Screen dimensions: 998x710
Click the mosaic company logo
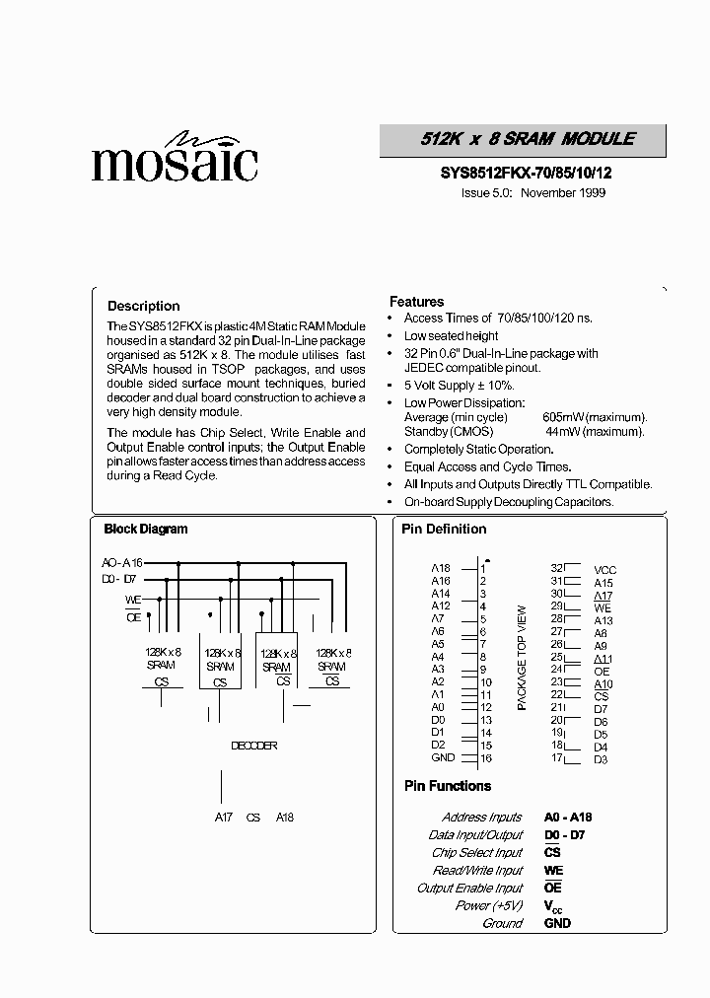pos(175,158)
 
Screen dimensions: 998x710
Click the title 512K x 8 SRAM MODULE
pos(523,140)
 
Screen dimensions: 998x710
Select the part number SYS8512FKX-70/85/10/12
pos(526,173)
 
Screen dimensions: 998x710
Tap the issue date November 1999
pos(562,192)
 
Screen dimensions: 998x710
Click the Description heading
pos(144,306)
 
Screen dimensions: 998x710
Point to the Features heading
pos(416,302)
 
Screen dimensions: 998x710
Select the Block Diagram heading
pos(146,529)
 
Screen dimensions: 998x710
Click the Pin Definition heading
pos(444,529)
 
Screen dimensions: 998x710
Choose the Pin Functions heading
pos(448,786)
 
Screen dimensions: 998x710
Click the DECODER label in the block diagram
pos(253,746)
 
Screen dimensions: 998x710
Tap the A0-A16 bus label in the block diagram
pos(121,562)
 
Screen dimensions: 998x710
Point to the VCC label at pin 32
pos(604,570)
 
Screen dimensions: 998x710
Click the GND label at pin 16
pos(443,757)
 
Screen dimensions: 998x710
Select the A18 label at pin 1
pos(440,569)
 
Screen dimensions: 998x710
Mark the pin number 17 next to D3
pos(556,757)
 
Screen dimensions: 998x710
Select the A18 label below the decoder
pos(285,818)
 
